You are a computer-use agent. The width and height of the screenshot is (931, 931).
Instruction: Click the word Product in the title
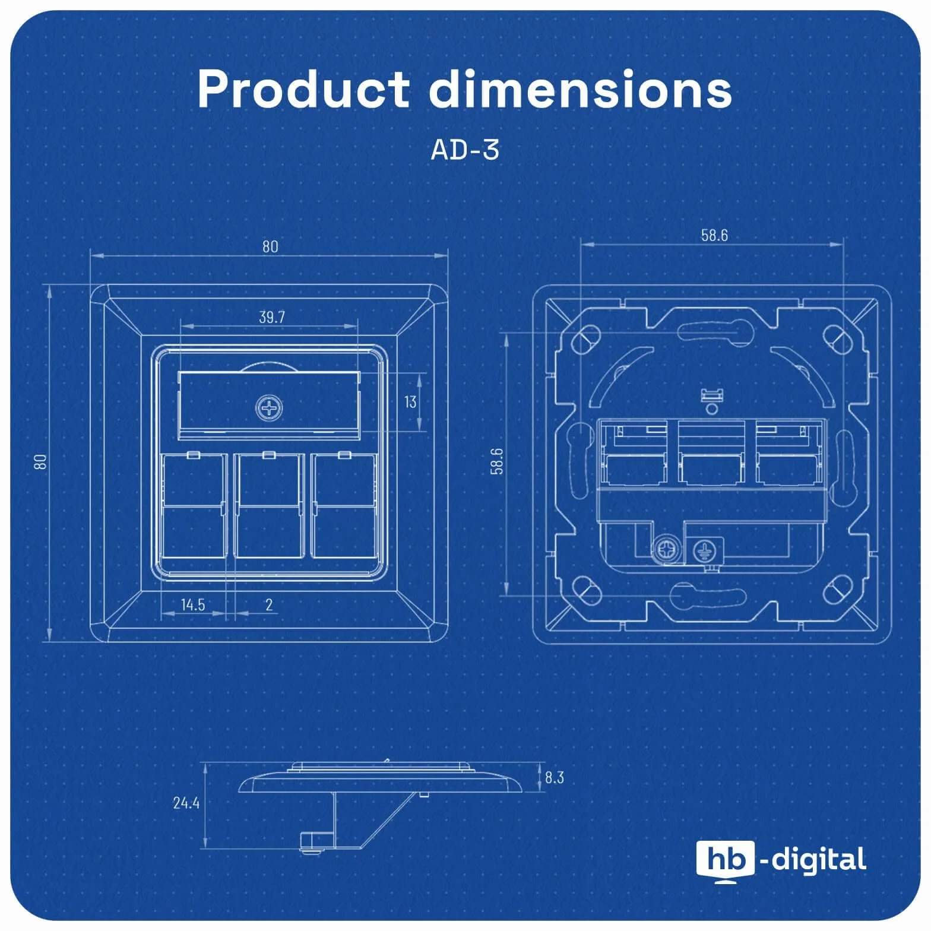303,89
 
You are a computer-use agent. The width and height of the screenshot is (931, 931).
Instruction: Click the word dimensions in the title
581,89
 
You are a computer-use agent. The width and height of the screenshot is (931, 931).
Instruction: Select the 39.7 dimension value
272,317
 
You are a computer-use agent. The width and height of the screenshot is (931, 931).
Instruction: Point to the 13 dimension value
410,402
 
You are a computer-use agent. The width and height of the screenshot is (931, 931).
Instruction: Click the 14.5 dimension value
193,604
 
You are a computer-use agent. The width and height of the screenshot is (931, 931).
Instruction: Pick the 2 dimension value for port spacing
269,604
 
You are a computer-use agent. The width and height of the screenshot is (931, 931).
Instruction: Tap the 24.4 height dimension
186,803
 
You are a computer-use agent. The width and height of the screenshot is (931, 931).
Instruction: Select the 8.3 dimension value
554,777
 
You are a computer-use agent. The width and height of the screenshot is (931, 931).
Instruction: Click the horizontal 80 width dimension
270,246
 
